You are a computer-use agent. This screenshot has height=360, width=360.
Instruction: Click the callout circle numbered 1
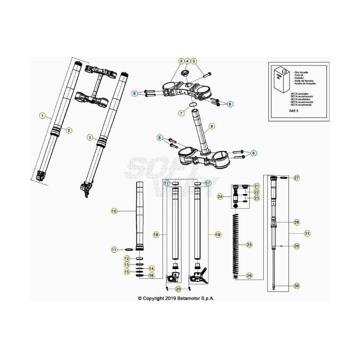click(43, 116)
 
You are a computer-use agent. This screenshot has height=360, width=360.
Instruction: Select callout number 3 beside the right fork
click(90, 137)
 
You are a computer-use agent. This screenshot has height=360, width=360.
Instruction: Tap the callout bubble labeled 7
click(181, 113)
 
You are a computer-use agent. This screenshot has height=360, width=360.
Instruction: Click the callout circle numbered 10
click(114, 211)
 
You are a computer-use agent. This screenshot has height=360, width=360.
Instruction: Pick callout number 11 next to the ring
click(114, 250)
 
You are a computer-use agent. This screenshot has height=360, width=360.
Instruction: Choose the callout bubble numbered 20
click(178, 289)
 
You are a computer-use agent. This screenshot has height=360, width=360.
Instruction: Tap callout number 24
click(220, 197)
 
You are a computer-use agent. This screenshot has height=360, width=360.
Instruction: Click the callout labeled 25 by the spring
click(249, 244)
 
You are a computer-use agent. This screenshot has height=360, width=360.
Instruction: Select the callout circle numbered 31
click(307, 233)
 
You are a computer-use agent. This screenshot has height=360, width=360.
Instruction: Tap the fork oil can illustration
click(282, 80)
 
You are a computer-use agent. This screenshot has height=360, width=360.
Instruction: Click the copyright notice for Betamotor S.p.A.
click(176, 298)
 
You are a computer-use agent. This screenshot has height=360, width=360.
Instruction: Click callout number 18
click(156, 234)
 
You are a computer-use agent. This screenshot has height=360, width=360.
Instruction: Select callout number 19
click(218, 234)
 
